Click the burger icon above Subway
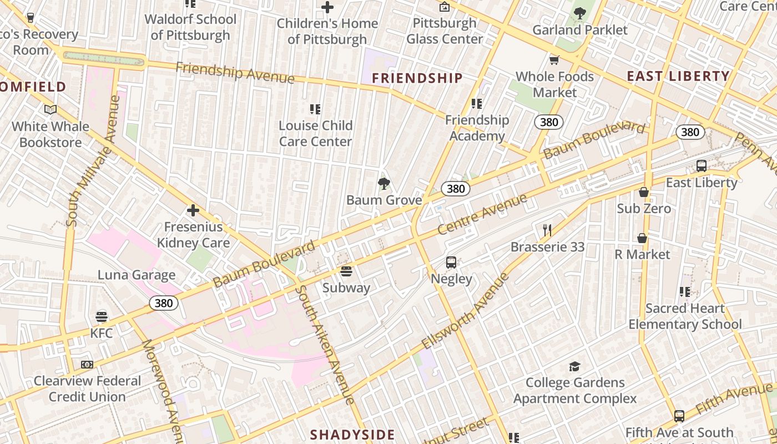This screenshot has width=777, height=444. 346,271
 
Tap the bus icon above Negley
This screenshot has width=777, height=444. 451,263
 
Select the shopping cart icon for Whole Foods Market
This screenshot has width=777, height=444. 554,60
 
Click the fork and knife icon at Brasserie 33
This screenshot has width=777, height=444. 547,230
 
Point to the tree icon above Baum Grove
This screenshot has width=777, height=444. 384,184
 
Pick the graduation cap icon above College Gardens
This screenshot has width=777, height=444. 574,366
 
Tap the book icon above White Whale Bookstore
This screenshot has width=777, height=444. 51,110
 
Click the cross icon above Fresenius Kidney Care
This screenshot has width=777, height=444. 193,210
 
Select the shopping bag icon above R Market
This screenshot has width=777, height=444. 642,238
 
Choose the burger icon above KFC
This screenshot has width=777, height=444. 101,317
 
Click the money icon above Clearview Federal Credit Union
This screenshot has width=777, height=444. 87,365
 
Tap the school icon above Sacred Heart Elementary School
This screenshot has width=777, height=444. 685,291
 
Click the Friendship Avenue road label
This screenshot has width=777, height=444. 235,73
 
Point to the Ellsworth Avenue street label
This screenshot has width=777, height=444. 465,310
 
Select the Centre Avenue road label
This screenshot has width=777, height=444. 482,214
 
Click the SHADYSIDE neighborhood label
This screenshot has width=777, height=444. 352,435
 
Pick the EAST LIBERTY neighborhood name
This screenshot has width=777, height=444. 678,77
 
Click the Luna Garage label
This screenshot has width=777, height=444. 137,275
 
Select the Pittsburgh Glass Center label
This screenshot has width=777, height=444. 445,31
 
